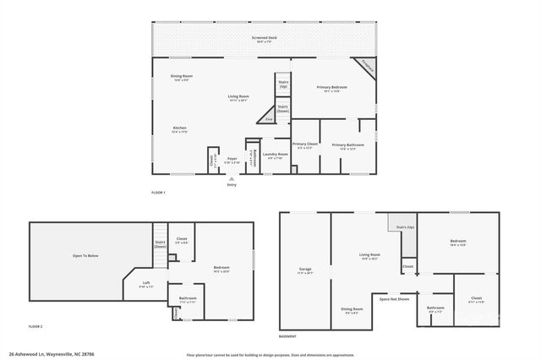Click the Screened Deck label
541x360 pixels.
click(263, 39)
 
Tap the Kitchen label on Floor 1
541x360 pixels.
click(179, 128)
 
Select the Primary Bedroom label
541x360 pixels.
click(333, 88)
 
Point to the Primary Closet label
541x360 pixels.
click(304, 145)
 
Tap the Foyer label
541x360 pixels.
click(232, 159)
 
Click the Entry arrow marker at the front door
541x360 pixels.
click(231, 178)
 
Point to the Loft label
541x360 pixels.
click(146, 284)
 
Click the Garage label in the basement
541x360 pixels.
click(304, 271)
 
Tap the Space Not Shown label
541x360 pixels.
click(394, 299)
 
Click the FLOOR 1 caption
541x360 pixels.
click(158, 194)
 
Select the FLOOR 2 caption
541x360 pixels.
click(36, 326)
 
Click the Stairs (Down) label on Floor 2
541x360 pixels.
click(160, 244)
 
